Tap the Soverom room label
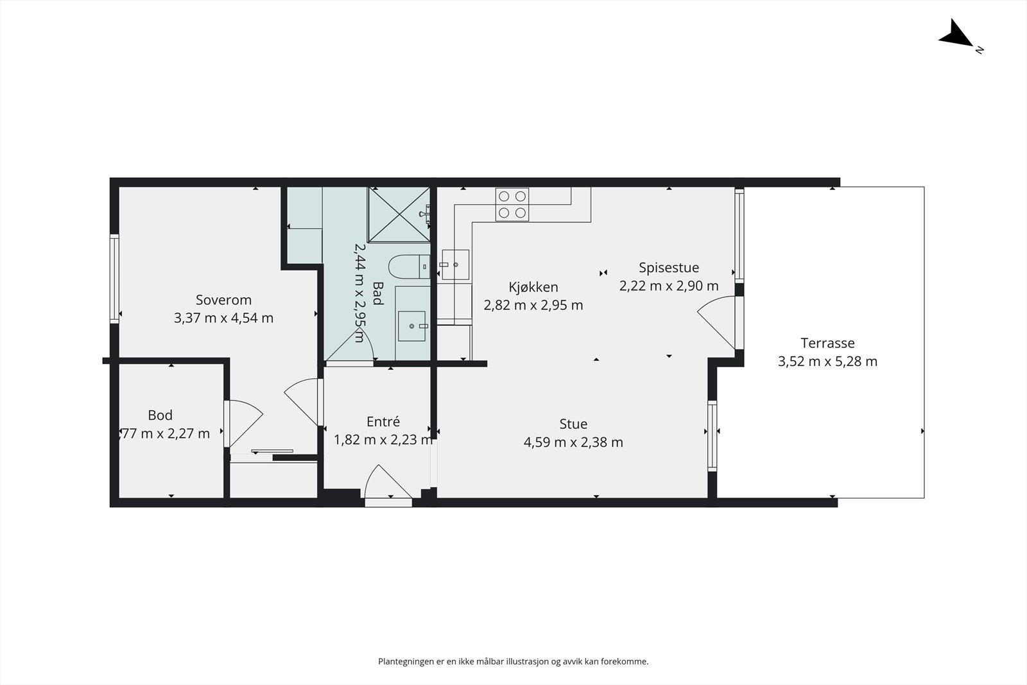click(x=224, y=300)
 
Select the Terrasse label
click(x=827, y=343)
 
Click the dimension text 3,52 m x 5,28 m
click(x=827, y=361)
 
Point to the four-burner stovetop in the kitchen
click(x=512, y=205)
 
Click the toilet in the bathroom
click(x=410, y=267)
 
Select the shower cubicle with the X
click(x=399, y=214)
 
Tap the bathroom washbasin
click(x=411, y=326)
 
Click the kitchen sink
click(x=455, y=264)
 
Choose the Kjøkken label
click(x=533, y=287)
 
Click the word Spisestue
click(x=669, y=267)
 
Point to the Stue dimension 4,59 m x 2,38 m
click(x=573, y=442)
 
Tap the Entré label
click(x=383, y=421)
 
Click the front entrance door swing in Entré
click(x=388, y=481)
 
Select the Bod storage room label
click(x=160, y=415)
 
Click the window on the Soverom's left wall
click(x=114, y=279)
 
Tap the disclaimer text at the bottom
click(x=513, y=661)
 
